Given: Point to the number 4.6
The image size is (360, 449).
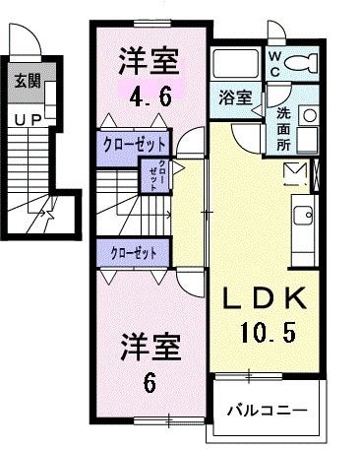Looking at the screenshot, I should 150,97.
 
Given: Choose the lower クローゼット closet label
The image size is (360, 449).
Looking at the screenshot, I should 134,253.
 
